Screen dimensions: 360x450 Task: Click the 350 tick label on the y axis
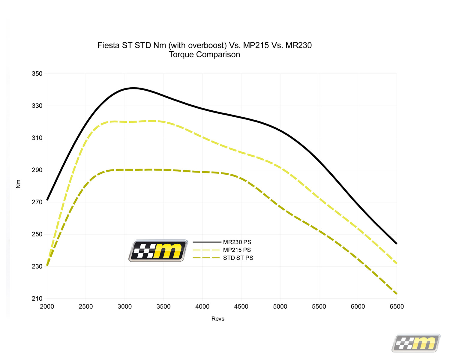(37, 74)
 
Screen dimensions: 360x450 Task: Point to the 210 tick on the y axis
(37, 299)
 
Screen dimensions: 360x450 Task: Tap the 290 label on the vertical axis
(37, 170)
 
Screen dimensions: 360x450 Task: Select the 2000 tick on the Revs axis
(47, 307)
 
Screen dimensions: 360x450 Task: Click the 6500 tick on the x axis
(397, 307)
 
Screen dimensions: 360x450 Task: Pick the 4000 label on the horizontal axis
(202, 307)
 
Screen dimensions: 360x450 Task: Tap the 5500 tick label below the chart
(319, 307)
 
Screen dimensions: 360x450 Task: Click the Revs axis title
(218, 319)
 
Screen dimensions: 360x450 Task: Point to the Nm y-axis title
(18, 184)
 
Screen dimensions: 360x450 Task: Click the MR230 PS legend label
(237, 242)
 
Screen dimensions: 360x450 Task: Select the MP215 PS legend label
(237, 250)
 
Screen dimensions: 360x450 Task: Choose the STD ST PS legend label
(238, 258)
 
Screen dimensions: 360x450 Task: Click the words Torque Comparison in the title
(204, 55)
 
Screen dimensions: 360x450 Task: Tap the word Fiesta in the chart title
(108, 45)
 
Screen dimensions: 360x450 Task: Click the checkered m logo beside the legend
(158, 250)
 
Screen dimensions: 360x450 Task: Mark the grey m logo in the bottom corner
(416, 343)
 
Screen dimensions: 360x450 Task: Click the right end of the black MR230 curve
(396, 243)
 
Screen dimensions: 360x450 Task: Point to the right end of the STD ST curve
(396, 293)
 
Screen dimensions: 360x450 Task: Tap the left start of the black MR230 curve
(47, 200)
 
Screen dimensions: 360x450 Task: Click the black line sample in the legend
(207, 242)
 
